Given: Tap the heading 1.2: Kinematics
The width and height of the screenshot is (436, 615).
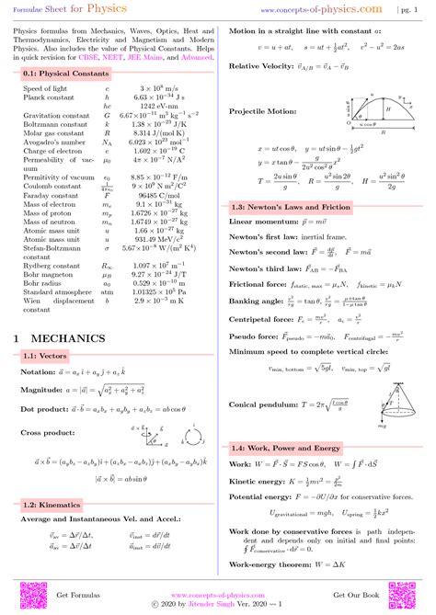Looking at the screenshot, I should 51,504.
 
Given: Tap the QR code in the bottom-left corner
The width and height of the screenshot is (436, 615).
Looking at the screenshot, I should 23,596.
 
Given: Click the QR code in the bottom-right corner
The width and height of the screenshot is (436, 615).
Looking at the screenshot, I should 411,596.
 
